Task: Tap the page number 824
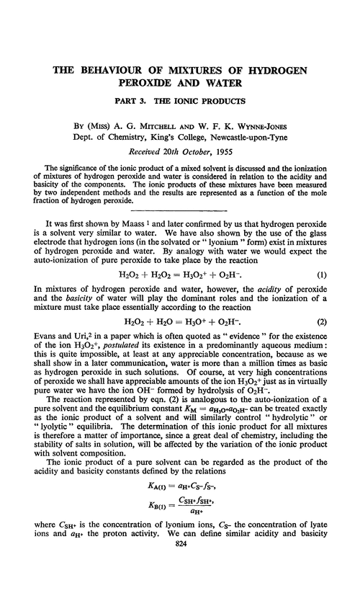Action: click(x=179, y=588)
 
